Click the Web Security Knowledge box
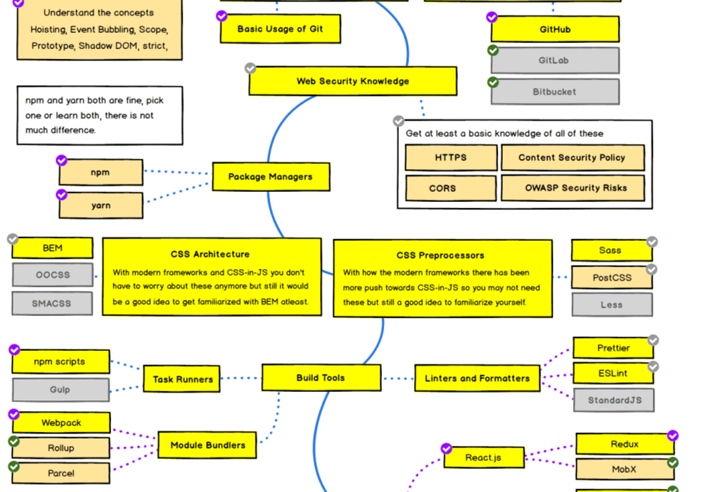pos(353,81)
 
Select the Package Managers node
pos(270,177)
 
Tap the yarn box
pos(101,205)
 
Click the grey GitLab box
pos(554,60)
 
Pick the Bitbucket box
pos(554,92)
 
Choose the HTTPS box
pos(450,158)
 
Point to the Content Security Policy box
pos(572,157)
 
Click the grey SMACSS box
pos(53,304)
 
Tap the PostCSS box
pos(611,277)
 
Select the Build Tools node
pos(321,378)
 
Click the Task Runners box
pos(183,379)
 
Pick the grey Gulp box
pos(60,390)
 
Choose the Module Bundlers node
pos(208,445)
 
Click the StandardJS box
pos(614,400)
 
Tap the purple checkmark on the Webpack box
pos(14,415)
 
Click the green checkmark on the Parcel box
pos(14,466)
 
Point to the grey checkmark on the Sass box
pos(652,242)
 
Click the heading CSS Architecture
pos(210,254)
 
